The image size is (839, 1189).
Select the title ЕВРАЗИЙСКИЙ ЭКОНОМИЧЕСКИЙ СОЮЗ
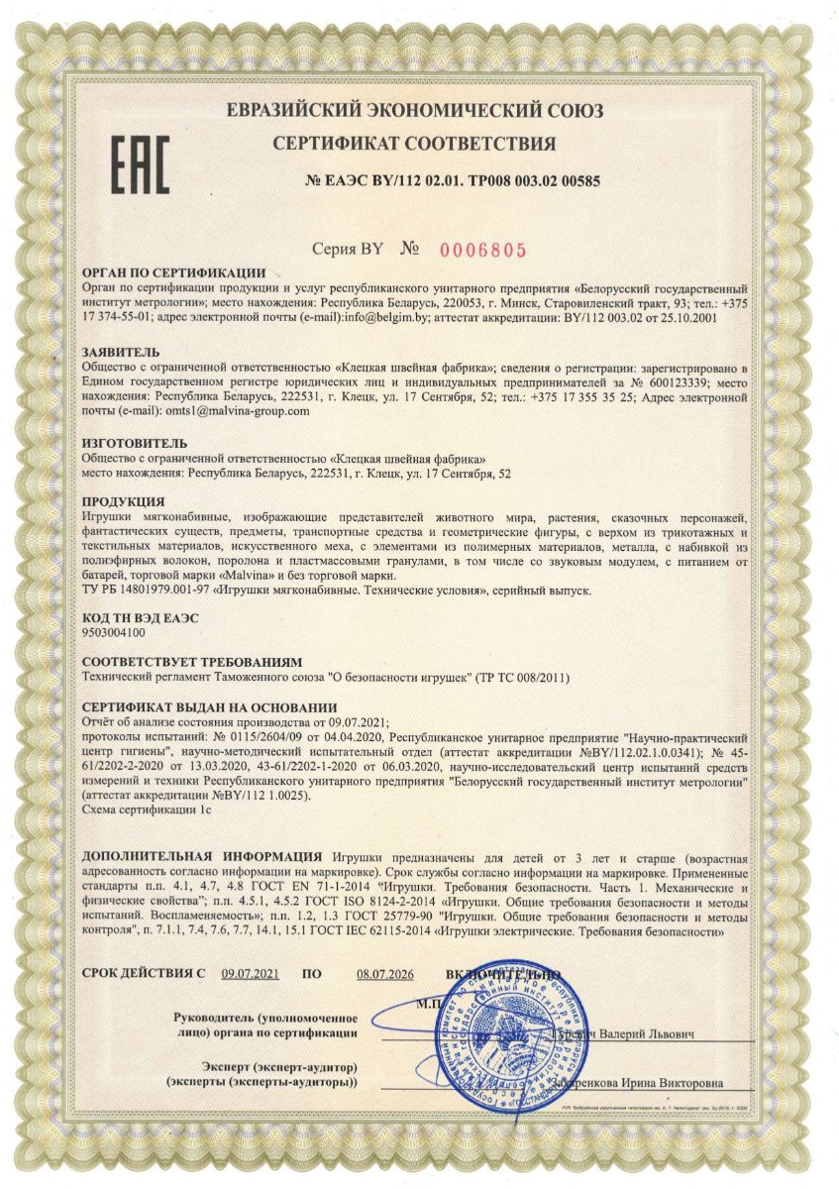coord(414,110)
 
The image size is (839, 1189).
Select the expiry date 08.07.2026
coord(384,974)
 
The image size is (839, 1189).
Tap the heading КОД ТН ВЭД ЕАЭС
coord(140,617)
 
